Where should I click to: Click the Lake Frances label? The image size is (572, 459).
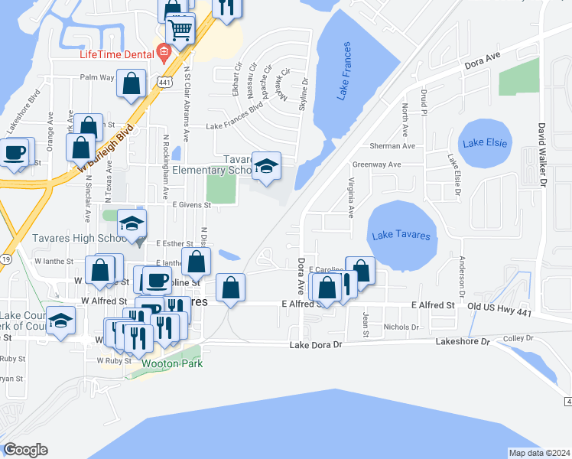(x=346, y=73)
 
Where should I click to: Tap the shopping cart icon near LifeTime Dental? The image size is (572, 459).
(x=179, y=31)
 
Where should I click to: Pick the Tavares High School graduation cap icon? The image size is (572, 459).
(x=132, y=224)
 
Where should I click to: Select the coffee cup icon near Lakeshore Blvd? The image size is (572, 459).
(x=15, y=152)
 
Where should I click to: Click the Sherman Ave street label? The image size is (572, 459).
(x=396, y=145)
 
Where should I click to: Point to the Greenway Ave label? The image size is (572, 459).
(x=376, y=164)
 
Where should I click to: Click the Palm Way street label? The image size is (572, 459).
(x=97, y=77)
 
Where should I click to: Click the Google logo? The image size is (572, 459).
(x=25, y=450)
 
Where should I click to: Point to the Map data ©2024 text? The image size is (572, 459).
(x=539, y=453)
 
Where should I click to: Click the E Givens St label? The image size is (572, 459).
(x=191, y=205)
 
